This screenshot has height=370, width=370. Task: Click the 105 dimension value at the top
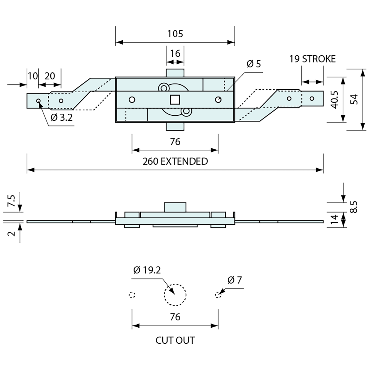[175, 34]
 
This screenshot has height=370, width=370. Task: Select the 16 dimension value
[175, 53]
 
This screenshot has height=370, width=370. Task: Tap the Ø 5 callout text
[254, 64]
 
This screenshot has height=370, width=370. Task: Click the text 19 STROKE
[312, 59]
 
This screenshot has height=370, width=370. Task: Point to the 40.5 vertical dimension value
[334, 100]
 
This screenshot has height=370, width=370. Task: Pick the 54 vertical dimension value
[354, 100]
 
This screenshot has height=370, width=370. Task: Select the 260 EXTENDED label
[175, 161]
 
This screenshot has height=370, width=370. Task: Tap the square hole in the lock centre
[175, 100]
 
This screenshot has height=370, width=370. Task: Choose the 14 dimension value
[334, 220]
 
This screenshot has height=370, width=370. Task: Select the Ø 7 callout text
[234, 280]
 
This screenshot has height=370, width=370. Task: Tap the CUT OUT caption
[175, 340]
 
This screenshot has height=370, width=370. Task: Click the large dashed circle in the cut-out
[175, 295]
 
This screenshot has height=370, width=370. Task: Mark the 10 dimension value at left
[33, 76]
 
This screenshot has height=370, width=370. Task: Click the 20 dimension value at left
[49, 76]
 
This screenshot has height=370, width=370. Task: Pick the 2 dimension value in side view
[12, 233]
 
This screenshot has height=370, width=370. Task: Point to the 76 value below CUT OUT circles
[175, 317]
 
